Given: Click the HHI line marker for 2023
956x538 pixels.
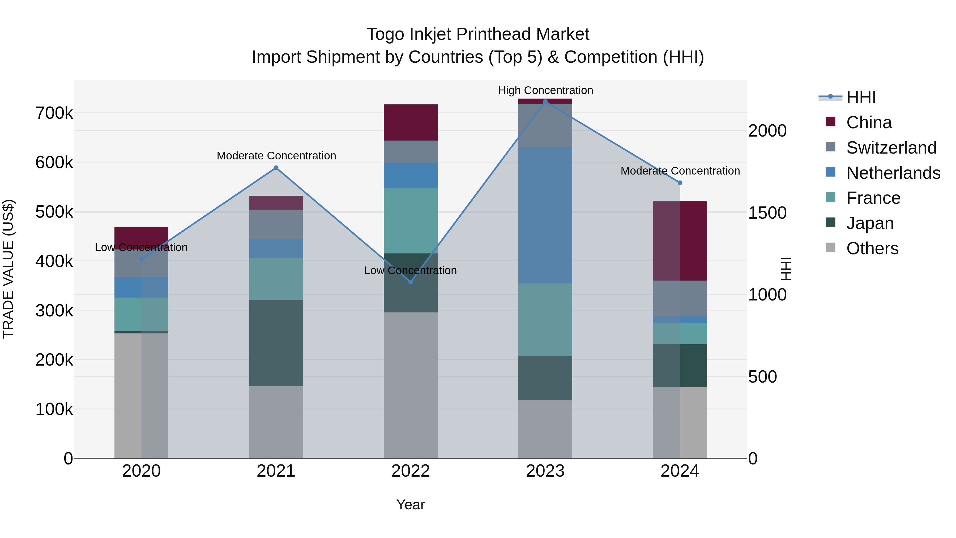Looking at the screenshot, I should click(545, 102).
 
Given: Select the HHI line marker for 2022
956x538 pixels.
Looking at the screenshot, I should click(411, 282).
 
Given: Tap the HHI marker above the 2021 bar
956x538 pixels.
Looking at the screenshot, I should click(276, 168).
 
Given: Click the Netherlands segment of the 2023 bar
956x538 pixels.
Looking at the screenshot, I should click(545, 215).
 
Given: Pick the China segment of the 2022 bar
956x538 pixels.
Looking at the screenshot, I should click(411, 122).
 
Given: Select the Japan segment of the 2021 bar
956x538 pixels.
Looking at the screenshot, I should click(276, 343).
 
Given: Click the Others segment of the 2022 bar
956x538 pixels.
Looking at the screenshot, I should click(411, 385).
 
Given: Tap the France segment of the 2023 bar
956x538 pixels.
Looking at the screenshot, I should click(545, 320).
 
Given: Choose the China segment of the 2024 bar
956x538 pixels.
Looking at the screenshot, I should click(680, 241).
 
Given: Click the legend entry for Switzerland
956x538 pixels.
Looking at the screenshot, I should click(891, 148).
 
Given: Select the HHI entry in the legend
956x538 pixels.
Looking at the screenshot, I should click(861, 97).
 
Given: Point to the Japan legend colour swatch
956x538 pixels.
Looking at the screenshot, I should click(831, 223).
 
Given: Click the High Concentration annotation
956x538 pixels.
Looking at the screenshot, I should click(545, 90).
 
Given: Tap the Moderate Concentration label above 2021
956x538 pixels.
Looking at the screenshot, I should click(276, 156).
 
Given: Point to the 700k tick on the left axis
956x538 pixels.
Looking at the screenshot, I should click(54, 113).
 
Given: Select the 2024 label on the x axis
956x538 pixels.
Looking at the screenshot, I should click(680, 471).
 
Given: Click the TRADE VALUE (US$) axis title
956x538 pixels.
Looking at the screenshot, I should click(8, 269).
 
